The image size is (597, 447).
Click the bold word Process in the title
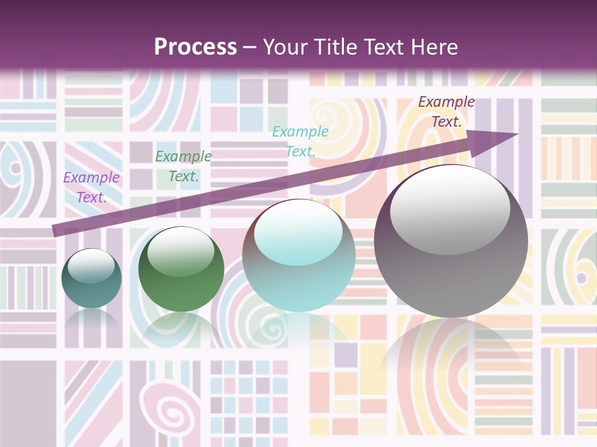click(195, 47)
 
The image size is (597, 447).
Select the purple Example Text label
click(91, 187)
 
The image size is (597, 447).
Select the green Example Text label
click(183, 166)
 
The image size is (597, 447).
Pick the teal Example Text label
click(300, 141)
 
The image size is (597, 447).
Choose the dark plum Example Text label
click(447, 112)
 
